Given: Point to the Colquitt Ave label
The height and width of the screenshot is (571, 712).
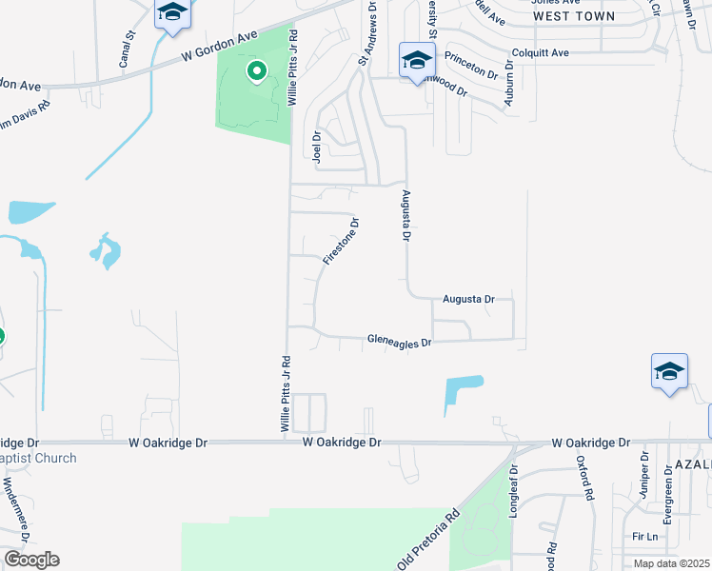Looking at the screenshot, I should pyautogui.click(x=540, y=52).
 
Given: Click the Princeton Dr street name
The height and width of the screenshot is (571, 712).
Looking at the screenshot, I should pyautogui.click(x=471, y=65).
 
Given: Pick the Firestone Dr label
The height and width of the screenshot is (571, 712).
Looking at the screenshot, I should pyautogui.click(x=341, y=242).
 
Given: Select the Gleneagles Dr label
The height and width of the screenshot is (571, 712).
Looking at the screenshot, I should pyautogui.click(x=400, y=341).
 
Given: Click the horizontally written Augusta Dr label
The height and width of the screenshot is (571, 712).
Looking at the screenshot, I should pyautogui.click(x=468, y=299).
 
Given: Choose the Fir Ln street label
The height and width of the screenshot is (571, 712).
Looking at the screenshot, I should pyautogui.click(x=645, y=537).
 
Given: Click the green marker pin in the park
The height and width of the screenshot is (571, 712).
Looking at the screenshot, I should pyautogui.click(x=256, y=71).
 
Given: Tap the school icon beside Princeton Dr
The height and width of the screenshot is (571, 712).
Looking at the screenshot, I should pyautogui.click(x=416, y=61).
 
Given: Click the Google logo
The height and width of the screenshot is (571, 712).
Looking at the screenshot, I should pyautogui.click(x=30, y=560).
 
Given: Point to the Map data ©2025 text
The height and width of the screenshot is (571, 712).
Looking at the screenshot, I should pyautogui.click(x=671, y=564).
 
